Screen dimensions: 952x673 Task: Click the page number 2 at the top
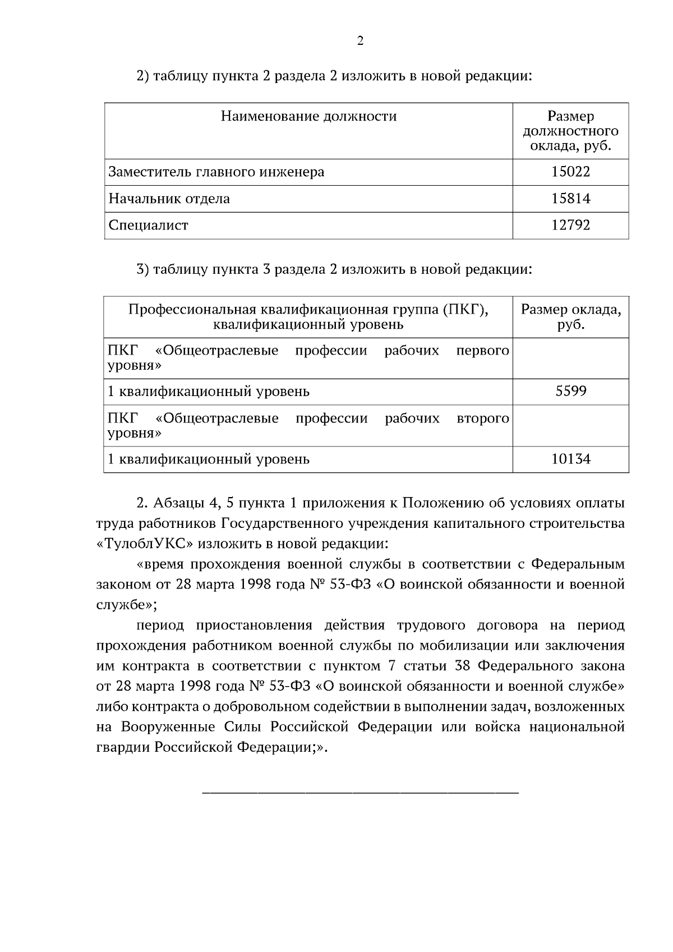point(360,41)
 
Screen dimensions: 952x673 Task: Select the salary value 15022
point(570,172)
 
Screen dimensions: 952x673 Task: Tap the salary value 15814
point(570,199)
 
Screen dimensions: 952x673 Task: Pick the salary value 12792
point(570,226)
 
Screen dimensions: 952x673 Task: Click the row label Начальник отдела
point(169,199)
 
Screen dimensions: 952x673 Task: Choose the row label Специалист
point(148,226)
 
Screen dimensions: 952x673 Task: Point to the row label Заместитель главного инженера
point(216,172)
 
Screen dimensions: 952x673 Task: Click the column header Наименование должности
point(308,117)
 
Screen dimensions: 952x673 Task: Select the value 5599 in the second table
point(570,391)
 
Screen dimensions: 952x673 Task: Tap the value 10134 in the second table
point(570,459)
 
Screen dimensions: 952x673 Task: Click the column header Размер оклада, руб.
point(570,317)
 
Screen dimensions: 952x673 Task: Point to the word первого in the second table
point(482,351)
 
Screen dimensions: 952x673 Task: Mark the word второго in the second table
point(483,419)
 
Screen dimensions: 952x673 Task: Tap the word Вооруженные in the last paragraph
point(168,727)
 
